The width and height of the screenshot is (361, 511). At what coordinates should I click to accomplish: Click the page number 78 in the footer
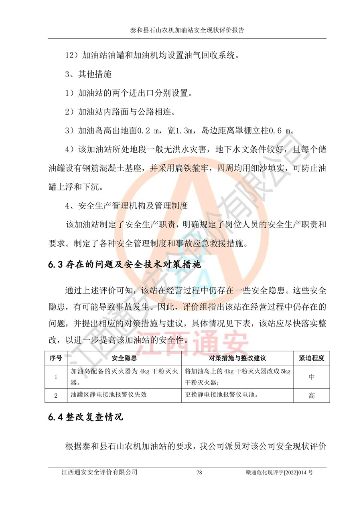tap(199, 472)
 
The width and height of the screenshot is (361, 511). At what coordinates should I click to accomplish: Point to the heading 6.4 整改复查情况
tap(85, 417)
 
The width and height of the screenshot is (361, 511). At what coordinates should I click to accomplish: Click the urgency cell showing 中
tap(312, 377)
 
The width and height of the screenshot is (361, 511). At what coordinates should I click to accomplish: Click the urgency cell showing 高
tap(312, 395)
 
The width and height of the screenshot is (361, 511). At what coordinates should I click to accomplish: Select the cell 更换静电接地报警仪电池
tap(221, 394)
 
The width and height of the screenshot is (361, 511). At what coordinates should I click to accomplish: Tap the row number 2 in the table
tap(56, 395)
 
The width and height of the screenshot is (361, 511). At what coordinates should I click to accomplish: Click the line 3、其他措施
tap(88, 75)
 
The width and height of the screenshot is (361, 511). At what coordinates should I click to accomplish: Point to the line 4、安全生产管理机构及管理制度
tap(126, 206)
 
